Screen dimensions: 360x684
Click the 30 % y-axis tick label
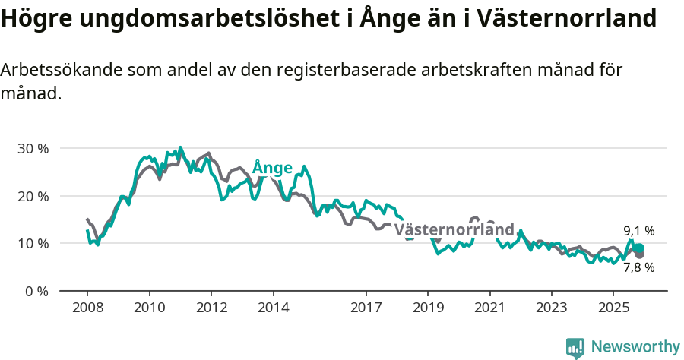[32, 148]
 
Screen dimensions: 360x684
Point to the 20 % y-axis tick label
[32, 196]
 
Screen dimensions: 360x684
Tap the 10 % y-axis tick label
[32, 243]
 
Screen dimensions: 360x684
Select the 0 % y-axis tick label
[36, 291]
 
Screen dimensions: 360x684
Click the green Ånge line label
[272, 167]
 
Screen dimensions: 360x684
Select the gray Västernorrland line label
[454, 229]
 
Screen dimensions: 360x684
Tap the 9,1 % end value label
[638, 231]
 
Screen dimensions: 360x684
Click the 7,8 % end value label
[638, 267]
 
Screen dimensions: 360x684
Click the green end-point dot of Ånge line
[639, 248]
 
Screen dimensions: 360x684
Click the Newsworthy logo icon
[575, 347]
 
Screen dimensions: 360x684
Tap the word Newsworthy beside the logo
[635, 347]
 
